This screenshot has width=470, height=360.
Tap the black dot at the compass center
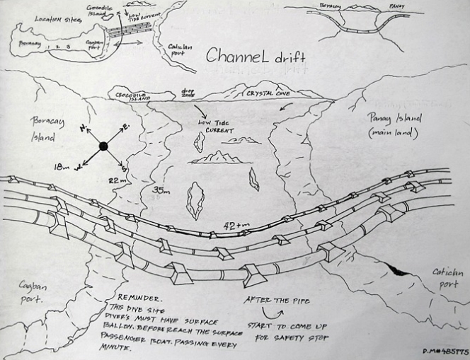pyautogui.click(x=103, y=146)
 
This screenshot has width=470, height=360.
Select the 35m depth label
pyautogui.click(x=163, y=190)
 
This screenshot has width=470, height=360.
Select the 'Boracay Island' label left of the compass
pyautogui.click(x=47, y=129)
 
